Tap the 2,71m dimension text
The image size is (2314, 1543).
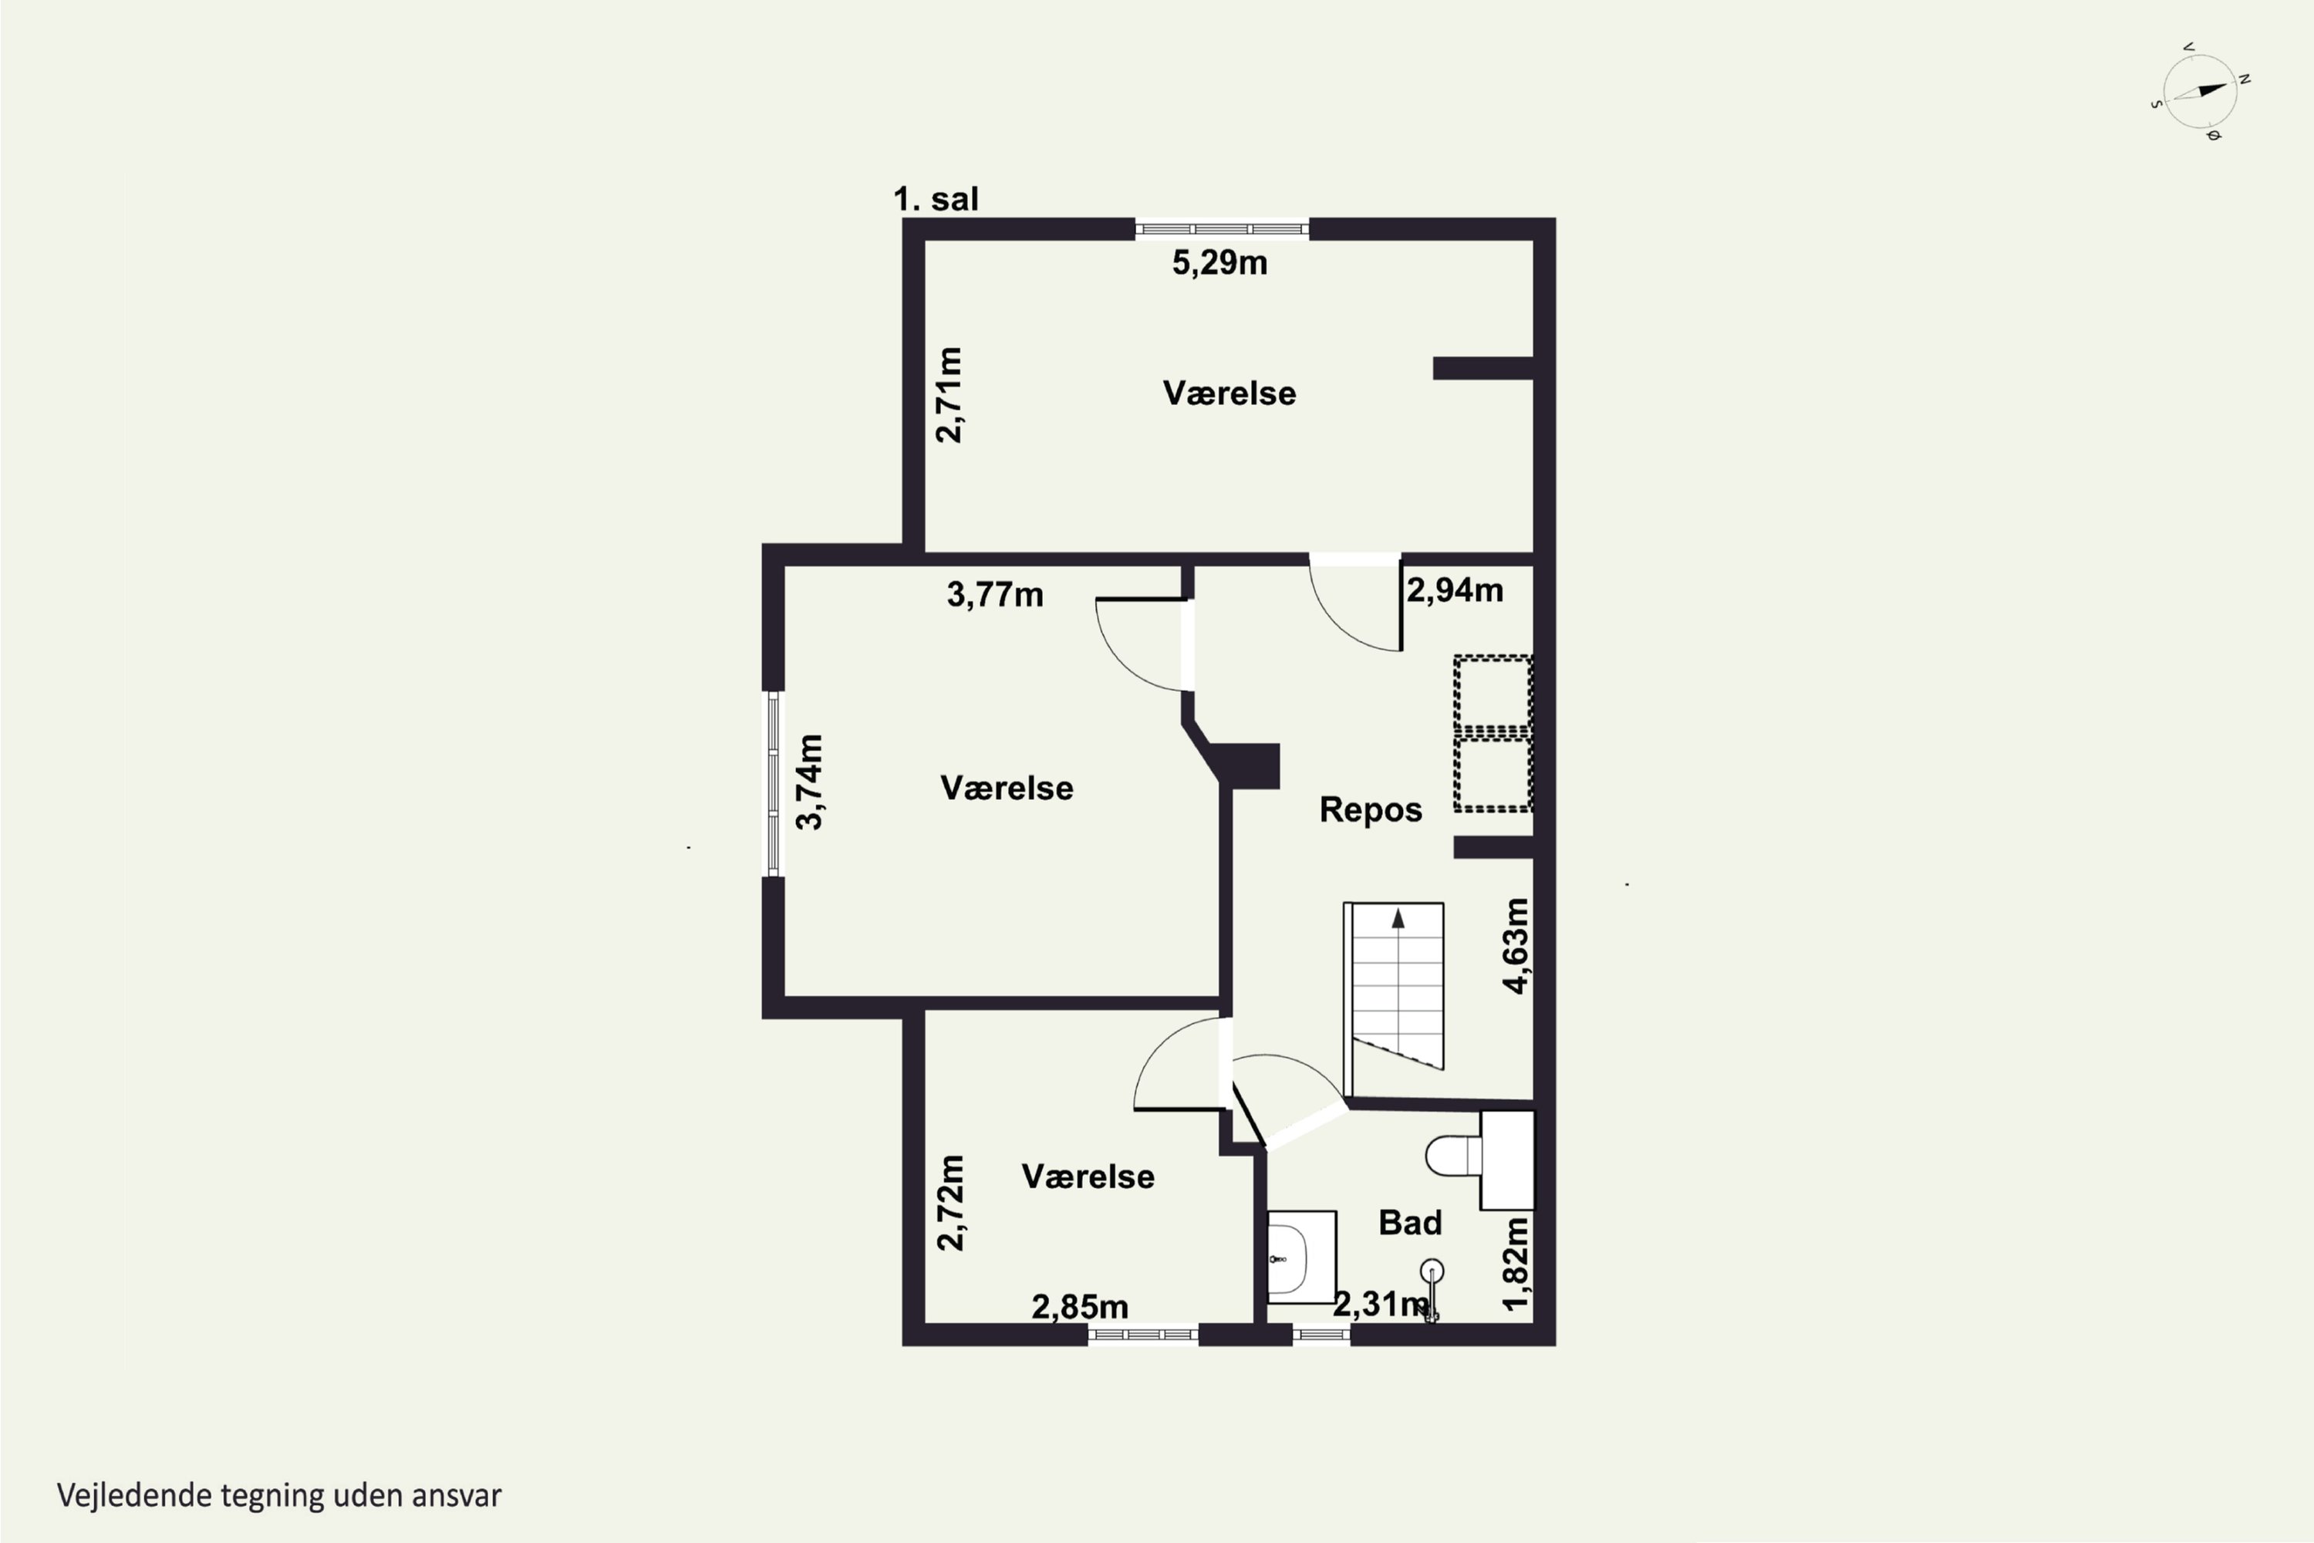click(x=949, y=394)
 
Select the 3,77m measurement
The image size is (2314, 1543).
click(x=995, y=594)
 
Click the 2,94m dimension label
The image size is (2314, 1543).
click(x=1454, y=589)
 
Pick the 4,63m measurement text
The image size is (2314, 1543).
click(x=1516, y=946)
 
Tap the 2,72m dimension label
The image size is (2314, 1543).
click(x=950, y=1203)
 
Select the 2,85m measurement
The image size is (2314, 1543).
click(x=1079, y=1306)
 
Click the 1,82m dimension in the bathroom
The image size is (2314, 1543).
click(x=1516, y=1264)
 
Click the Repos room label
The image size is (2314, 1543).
click(x=1371, y=809)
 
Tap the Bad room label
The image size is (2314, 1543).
click(x=1410, y=1222)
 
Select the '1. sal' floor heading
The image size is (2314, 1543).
click(x=936, y=199)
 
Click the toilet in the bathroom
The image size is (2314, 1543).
click(x=1479, y=1160)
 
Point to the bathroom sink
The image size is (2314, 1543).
click(x=1300, y=1258)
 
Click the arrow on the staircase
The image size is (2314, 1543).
click(x=1397, y=919)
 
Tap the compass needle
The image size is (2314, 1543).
click(x=2200, y=93)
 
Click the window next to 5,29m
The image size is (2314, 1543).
click(x=1222, y=229)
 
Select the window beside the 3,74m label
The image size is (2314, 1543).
click(x=774, y=783)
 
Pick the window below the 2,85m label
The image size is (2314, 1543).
click(x=1143, y=1335)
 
